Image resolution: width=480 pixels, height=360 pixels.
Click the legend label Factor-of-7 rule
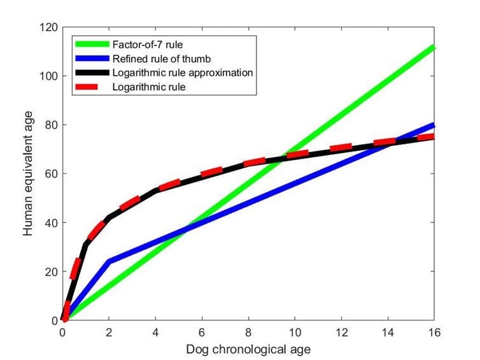tap(144, 45)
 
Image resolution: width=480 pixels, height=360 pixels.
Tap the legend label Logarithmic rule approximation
tap(183, 73)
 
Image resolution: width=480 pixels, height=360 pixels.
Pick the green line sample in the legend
tap(90, 45)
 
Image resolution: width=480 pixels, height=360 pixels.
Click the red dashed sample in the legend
tap(90, 87)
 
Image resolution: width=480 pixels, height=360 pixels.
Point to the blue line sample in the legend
tap(90, 59)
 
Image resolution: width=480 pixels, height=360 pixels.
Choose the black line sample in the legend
tap(90, 73)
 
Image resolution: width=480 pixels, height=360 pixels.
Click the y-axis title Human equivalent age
tap(29, 174)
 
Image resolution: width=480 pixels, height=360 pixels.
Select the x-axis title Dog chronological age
tap(248, 350)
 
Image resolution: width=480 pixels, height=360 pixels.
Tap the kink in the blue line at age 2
tap(109, 261)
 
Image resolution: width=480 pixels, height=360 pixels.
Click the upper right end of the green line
tap(433, 47)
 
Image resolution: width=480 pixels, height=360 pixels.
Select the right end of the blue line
tap(433, 125)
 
